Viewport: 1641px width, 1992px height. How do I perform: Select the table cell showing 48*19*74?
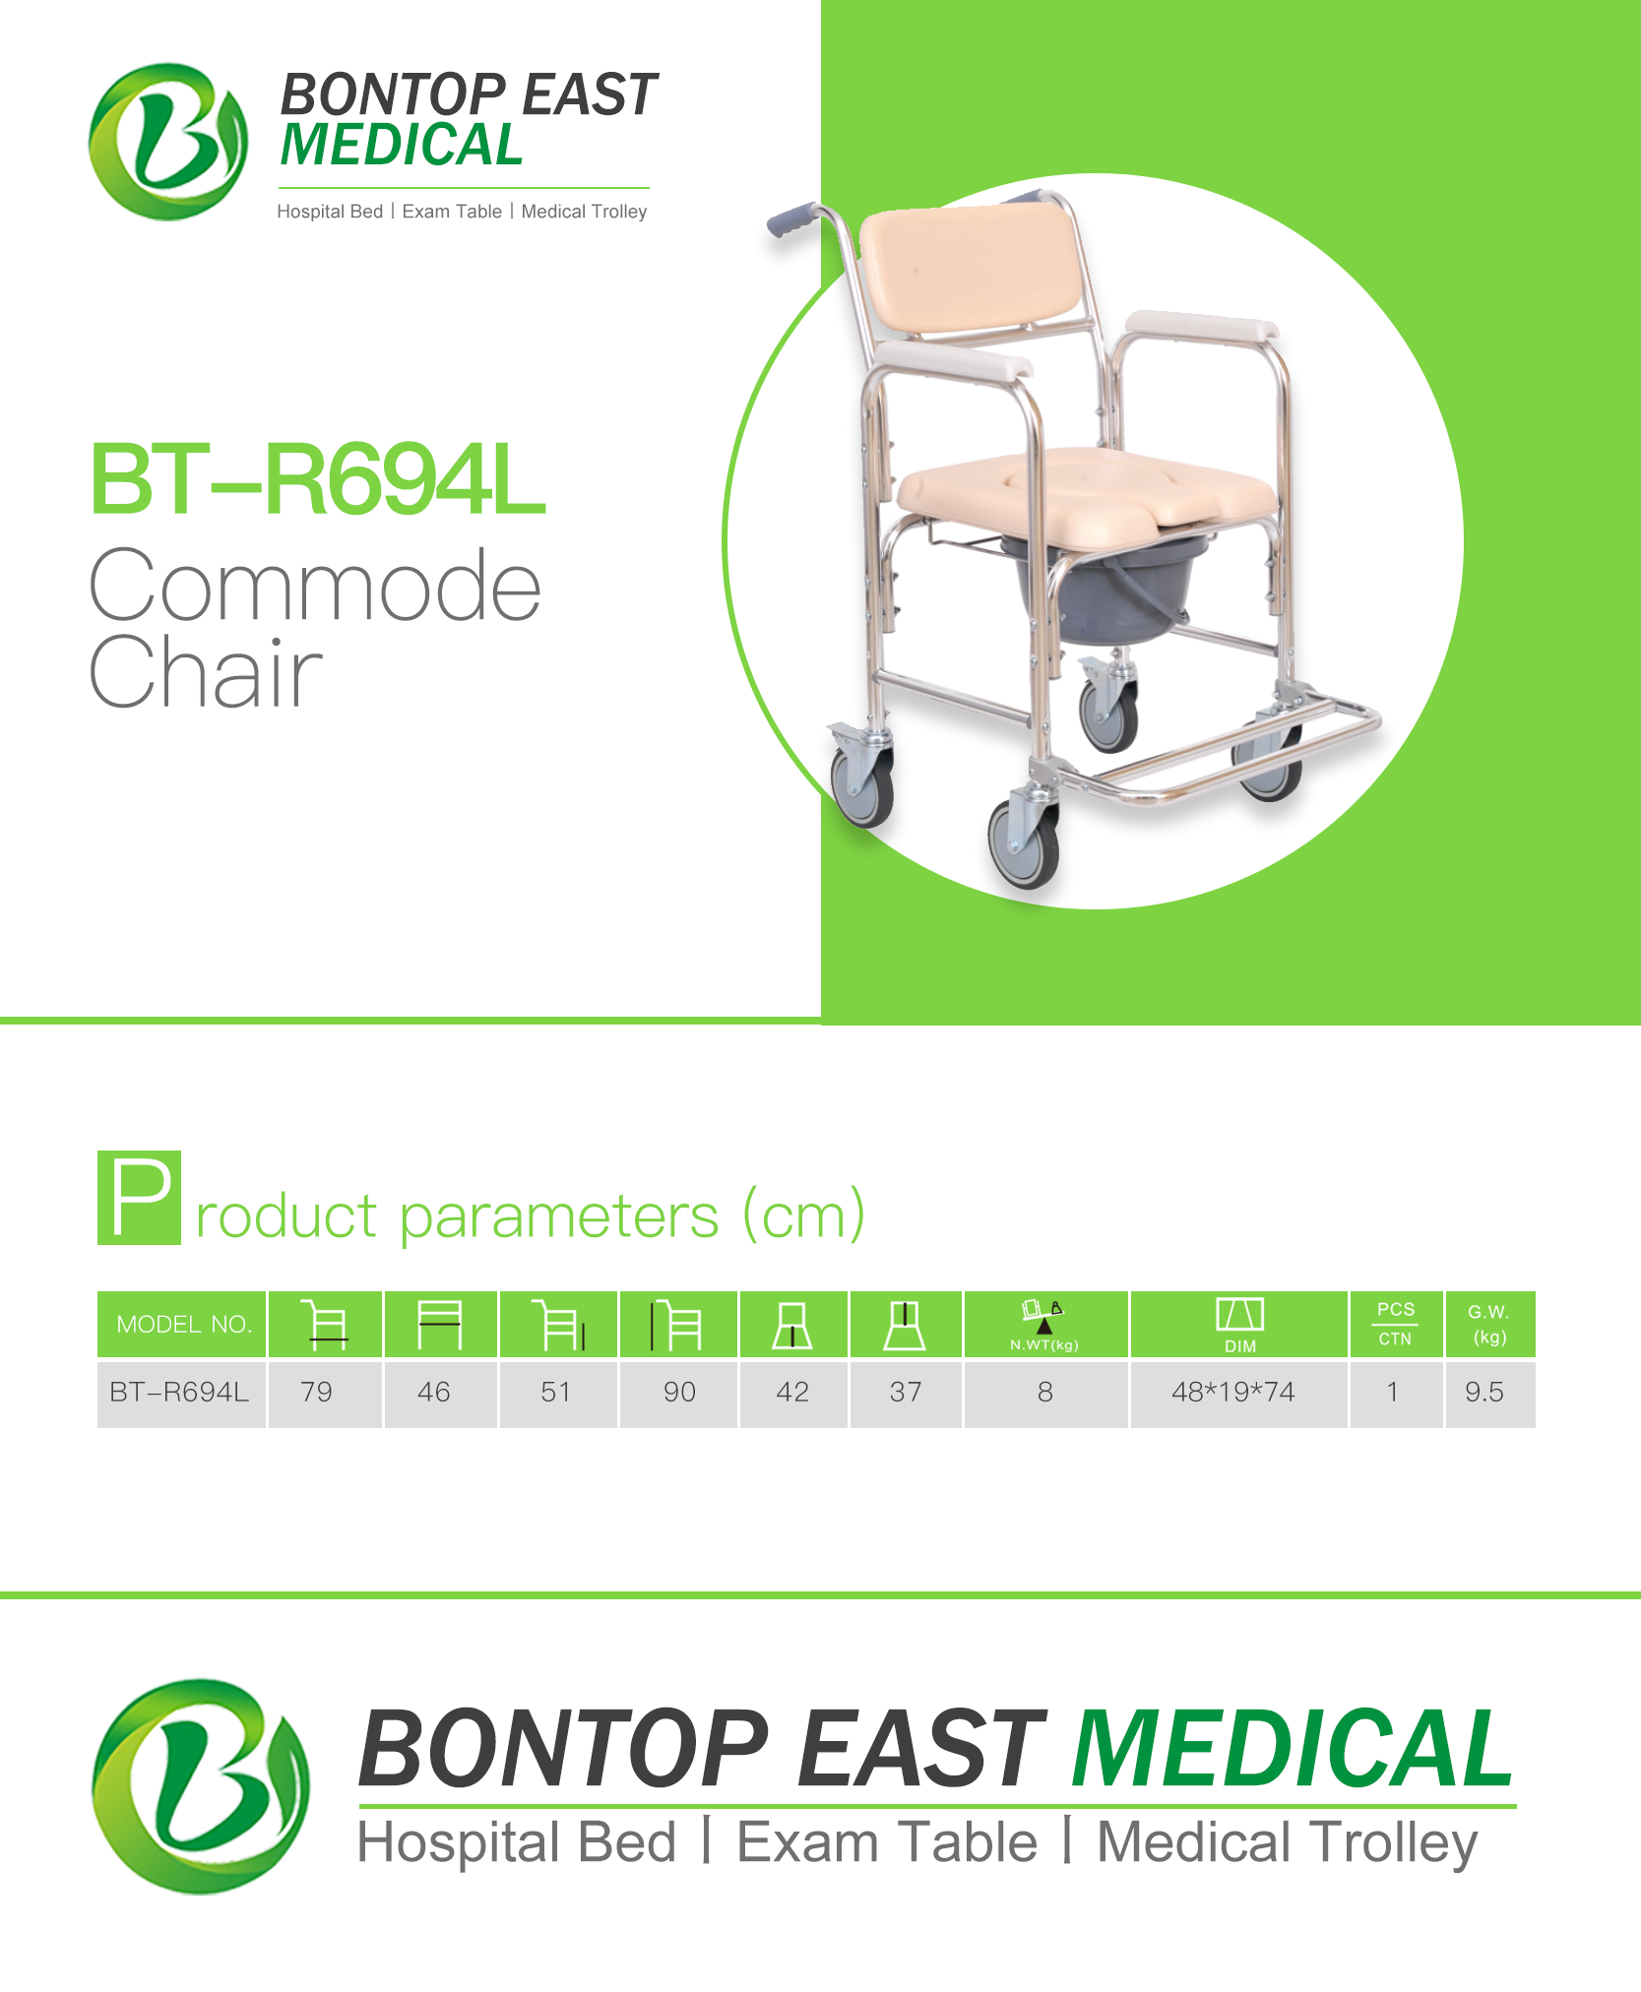pyautogui.click(x=1238, y=1393)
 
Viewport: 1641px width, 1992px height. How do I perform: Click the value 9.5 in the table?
pyautogui.click(x=1489, y=1393)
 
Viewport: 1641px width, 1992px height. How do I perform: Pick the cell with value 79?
pyautogui.click(x=324, y=1393)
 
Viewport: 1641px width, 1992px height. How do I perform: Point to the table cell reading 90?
pyautogui.click(x=678, y=1393)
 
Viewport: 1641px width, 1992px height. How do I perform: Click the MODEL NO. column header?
pyautogui.click(x=182, y=1325)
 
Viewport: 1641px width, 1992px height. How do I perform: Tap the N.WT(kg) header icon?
pyautogui.click(x=1045, y=1325)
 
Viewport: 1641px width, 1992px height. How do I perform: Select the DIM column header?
pyautogui.click(x=1238, y=1325)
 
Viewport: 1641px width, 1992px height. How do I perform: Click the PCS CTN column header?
pyautogui.click(x=1396, y=1325)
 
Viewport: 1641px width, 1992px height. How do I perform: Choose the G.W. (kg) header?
pyautogui.click(x=1489, y=1325)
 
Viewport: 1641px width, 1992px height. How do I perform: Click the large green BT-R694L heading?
pyautogui.click(x=317, y=480)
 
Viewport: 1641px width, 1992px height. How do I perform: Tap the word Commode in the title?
pyautogui.click(x=315, y=587)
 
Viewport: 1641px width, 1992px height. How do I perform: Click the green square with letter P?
pyautogui.click(x=139, y=1198)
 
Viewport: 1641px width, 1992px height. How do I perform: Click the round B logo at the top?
pyautogui.click(x=168, y=142)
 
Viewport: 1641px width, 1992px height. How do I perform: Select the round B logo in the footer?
pyautogui.click(x=201, y=1786)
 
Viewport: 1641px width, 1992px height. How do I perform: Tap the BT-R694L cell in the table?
pyautogui.click(x=180, y=1393)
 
